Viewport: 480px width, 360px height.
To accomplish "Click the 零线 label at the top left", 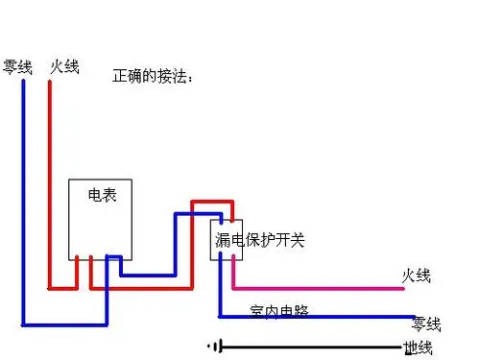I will pyautogui.click(x=17, y=67).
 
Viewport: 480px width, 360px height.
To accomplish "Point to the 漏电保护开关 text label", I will pyautogui.click(x=258, y=239).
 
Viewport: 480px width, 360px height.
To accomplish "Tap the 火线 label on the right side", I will pyautogui.click(x=417, y=276).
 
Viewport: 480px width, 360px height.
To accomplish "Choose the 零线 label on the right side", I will pyautogui.click(x=425, y=324).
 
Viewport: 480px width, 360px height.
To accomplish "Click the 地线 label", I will pyautogui.click(x=418, y=347).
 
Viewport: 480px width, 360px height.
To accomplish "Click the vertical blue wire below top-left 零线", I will pyautogui.click(x=22, y=192).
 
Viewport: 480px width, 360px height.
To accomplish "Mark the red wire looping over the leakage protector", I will pyautogui.click(x=211, y=203).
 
